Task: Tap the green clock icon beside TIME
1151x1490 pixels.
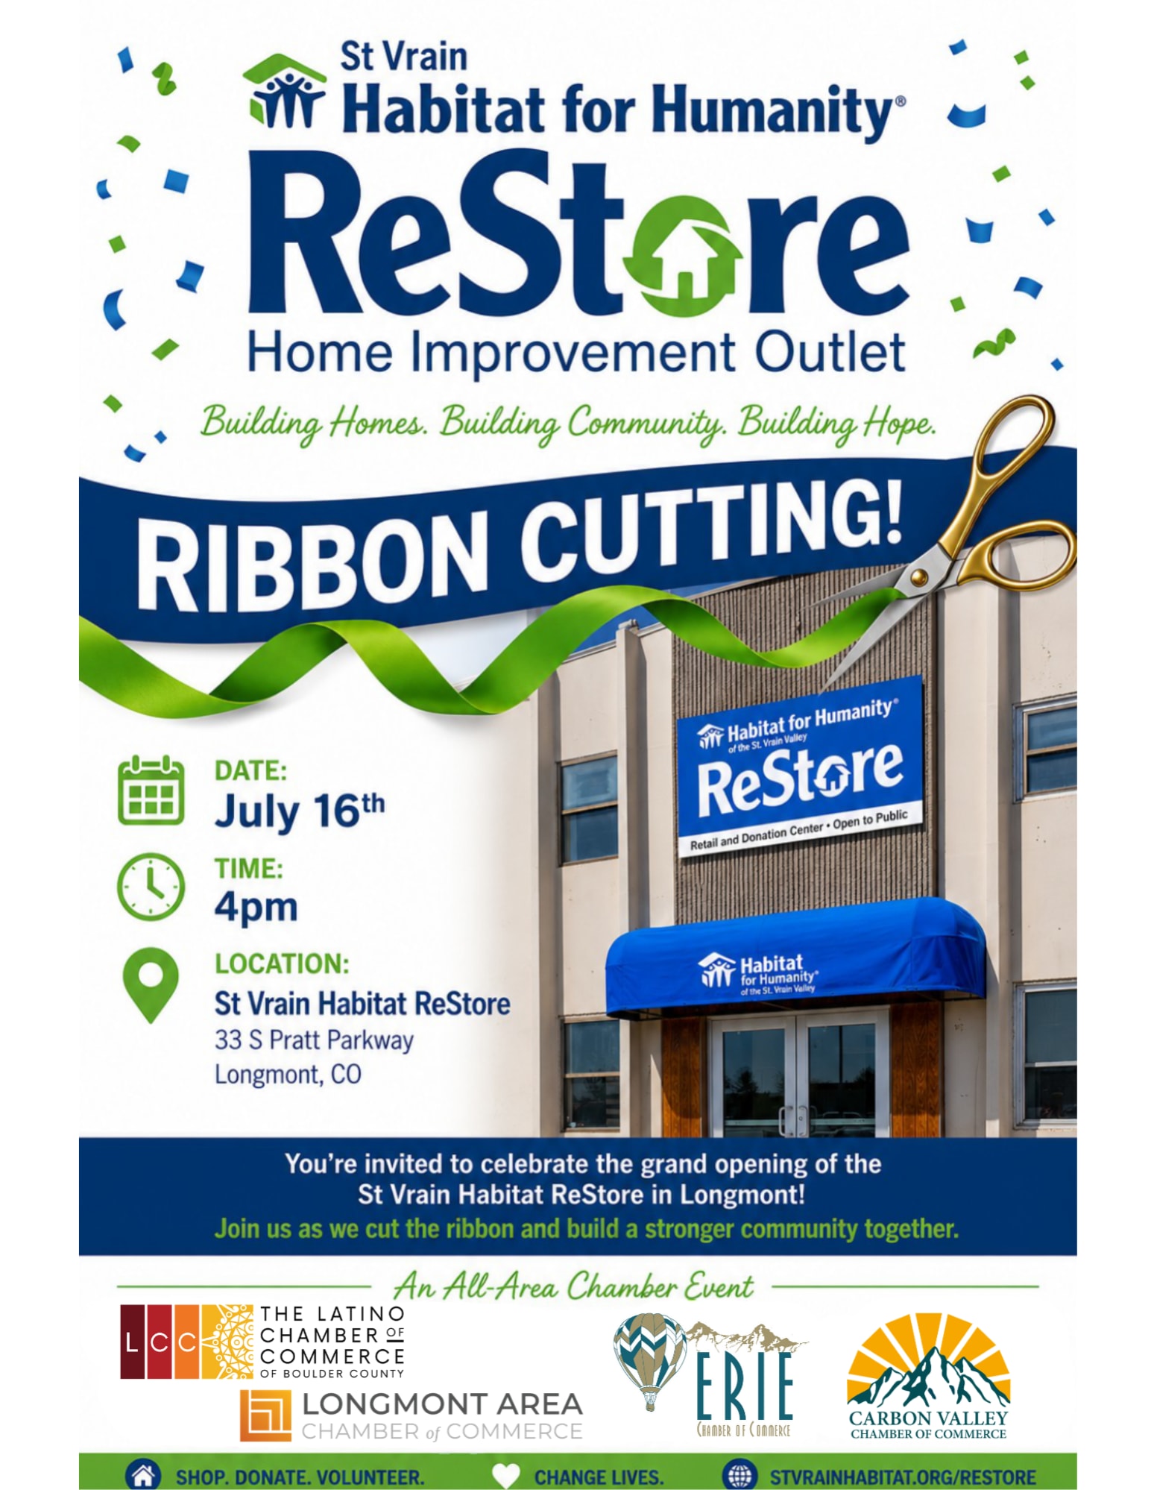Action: coord(151,887)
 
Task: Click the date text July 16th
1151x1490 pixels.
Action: coord(300,810)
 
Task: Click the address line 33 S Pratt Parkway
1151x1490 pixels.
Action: coord(314,1040)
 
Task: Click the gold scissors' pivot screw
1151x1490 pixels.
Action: coord(918,575)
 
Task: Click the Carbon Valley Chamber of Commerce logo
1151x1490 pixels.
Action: coord(928,1376)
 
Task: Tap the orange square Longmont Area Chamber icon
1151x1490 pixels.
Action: coord(265,1415)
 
